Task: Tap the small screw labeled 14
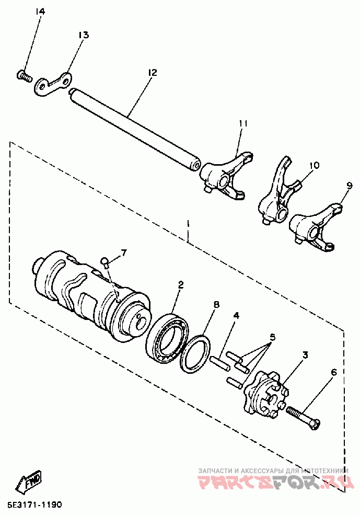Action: pyautogui.click(x=22, y=76)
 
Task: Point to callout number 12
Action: pyautogui.click(x=152, y=72)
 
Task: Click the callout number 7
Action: pyautogui.click(x=124, y=253)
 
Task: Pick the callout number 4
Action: pyautogui.click(x=236, y=316)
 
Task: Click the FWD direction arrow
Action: pyautogui.click(x=31, y=482)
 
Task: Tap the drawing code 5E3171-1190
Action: pyautogui.click(x=34, y=505)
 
